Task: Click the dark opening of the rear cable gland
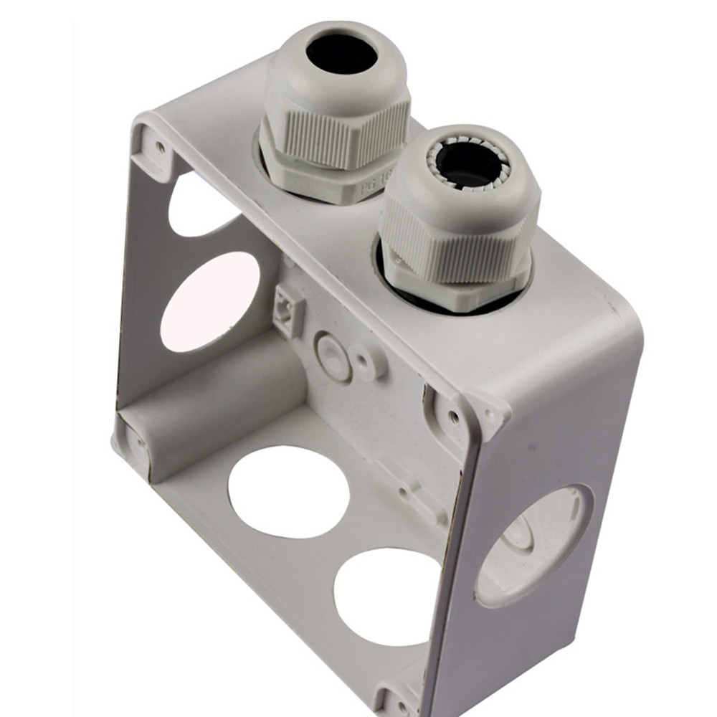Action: coord(341,54)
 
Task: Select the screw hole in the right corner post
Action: coord(455,415)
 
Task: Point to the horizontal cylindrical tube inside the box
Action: coord(215,398)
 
